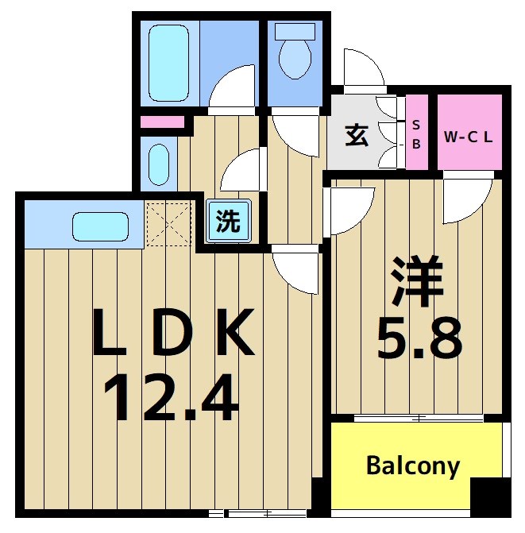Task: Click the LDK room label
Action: [x=174, y=334]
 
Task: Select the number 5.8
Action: [x=419, y=339]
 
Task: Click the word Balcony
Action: [x=412, y=465]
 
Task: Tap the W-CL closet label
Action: [x=468, y=136]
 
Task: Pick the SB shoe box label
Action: [x=417, y=133]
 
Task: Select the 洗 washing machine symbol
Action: [x=229, y=221]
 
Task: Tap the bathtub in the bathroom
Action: [x=168, y=61]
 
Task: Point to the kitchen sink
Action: [x=101, y=226]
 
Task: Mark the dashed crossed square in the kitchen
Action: [x=168, y=224]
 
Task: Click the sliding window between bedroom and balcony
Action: [x=419, y=417]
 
